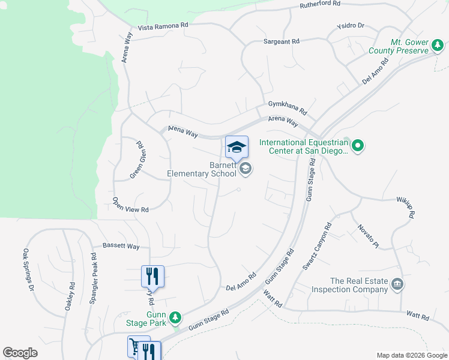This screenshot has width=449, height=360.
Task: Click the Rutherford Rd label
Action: (x=320, y=5)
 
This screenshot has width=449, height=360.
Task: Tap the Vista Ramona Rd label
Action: (x=163, y=27)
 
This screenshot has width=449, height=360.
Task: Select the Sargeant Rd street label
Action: (x=281, y=41)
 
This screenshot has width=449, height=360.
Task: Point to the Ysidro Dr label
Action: (x=351, y=26)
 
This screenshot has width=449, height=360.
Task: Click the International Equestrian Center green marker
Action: (x=358, y=145)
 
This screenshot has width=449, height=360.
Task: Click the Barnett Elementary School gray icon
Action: (x=245, y=170)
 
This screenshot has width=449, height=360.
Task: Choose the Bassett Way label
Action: (x=121, y=246)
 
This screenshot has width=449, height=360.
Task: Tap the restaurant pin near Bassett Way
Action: (x=152, y=276)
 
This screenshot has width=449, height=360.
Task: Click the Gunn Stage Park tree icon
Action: (x=175, y=316)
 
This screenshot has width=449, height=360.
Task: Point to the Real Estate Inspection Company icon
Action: (x=397, y=284)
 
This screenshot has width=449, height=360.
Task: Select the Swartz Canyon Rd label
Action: (x=316, y=247)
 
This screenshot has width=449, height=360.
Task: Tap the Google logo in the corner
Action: (x=20, y=353)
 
